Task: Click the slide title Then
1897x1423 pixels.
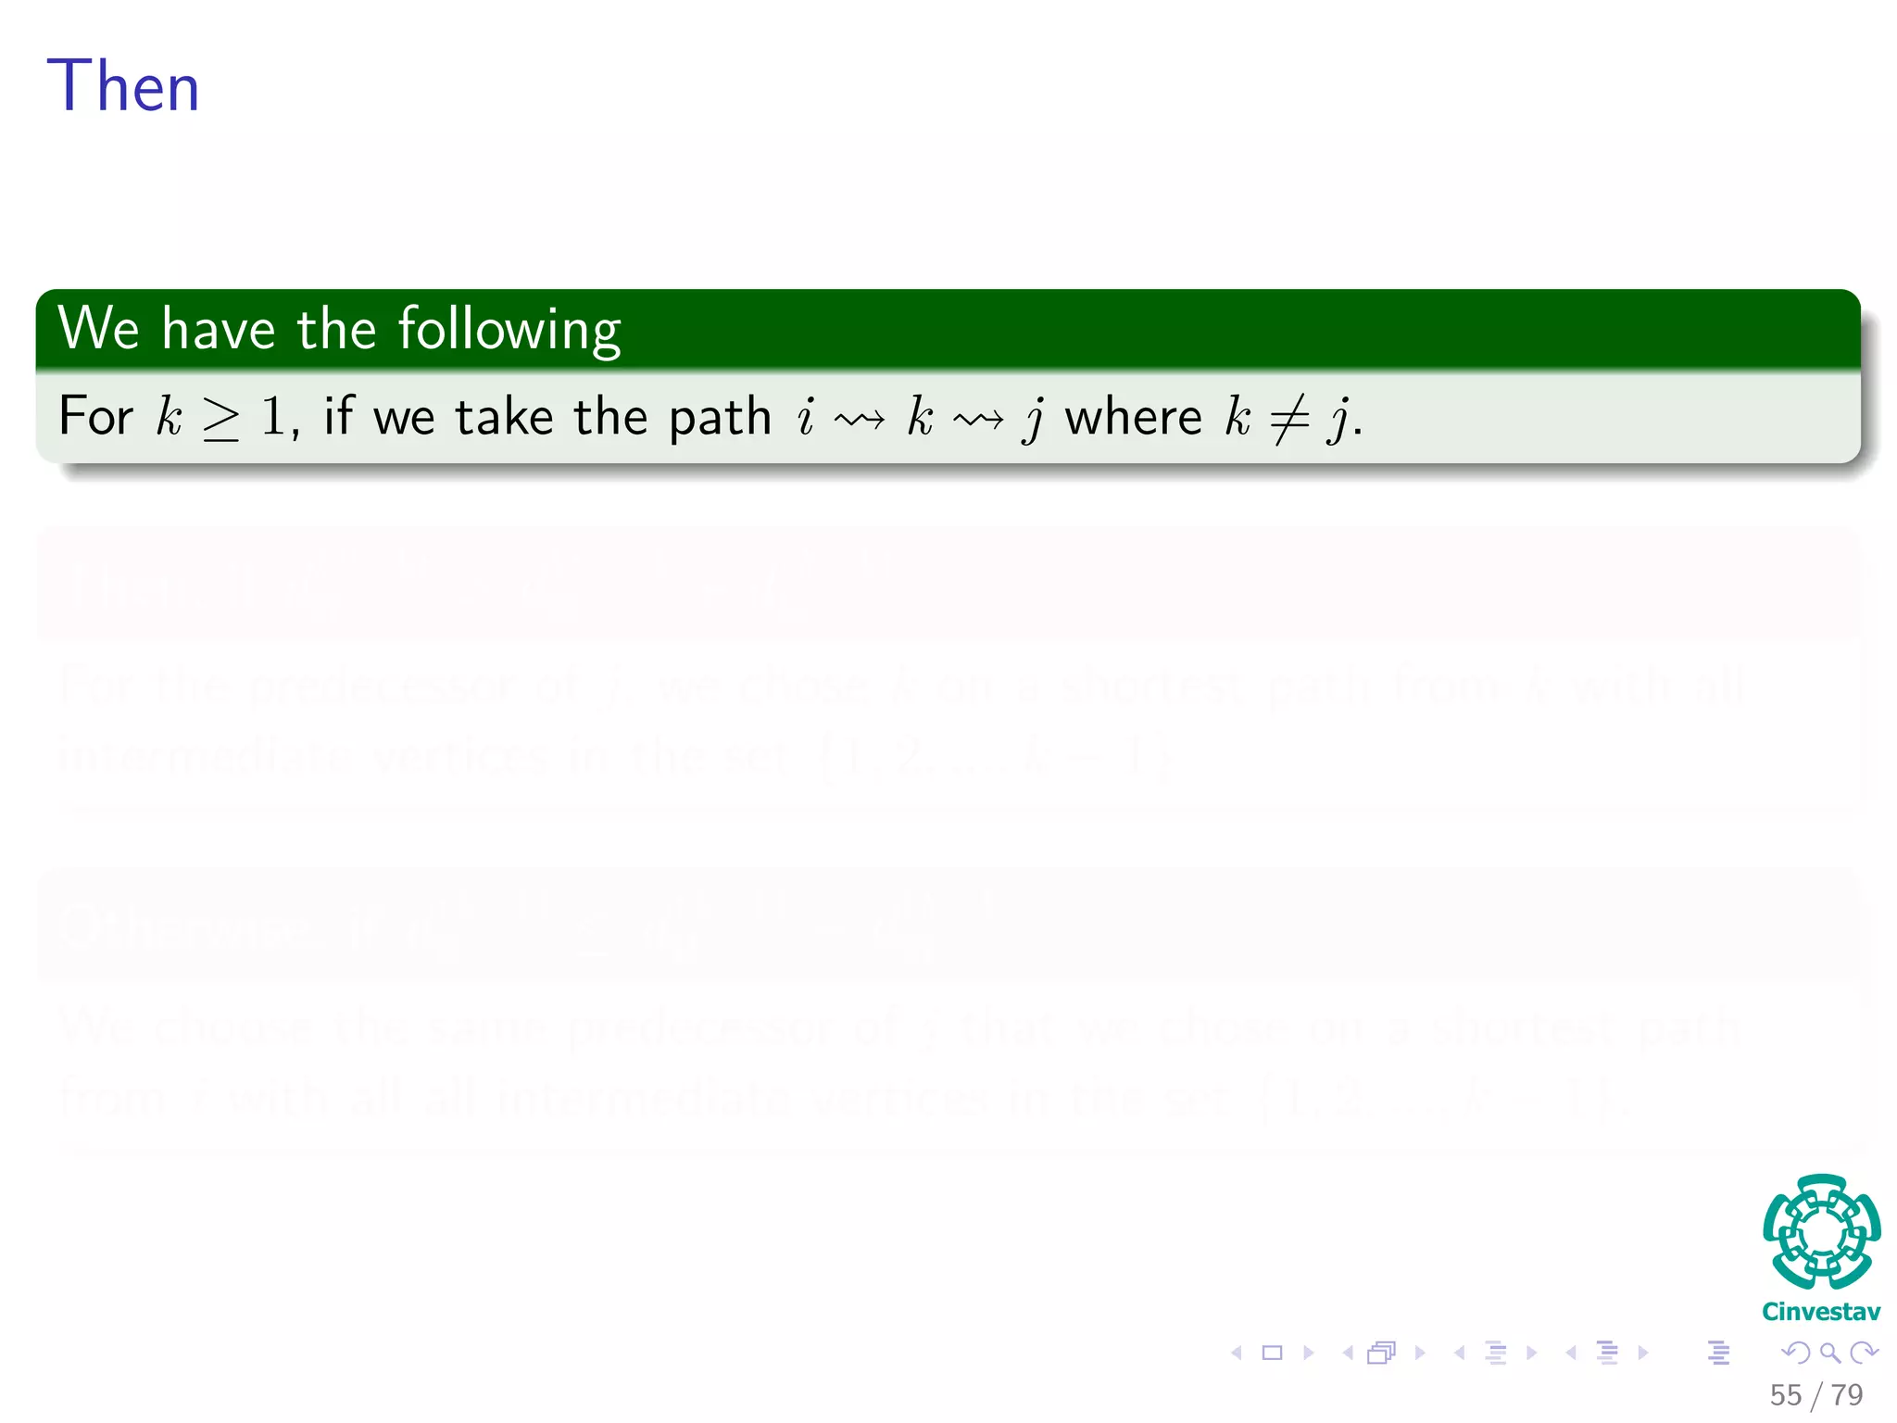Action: [123, 86]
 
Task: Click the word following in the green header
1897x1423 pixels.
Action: [509, 329]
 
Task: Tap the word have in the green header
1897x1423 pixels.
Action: [219, 329]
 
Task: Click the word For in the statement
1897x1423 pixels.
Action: [95, 416]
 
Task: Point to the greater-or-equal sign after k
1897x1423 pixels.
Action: [221, 419]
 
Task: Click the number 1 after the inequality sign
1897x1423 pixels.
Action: [273, 416]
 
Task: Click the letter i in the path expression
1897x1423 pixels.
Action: [806, 416]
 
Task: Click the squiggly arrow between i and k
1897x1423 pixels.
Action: [860, 421]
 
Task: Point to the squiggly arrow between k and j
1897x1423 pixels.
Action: [978, 421]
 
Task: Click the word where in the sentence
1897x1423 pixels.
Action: [1133, 416]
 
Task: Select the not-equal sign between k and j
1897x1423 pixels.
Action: [1288, 419]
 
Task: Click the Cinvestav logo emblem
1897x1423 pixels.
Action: [1821, 1231]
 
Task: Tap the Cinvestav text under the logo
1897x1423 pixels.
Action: [1821, 1312]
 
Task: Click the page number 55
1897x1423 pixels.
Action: [1785, 1395]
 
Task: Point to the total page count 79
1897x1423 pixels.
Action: [1847, 1395]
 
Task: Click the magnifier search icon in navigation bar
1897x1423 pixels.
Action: [1829, 1354]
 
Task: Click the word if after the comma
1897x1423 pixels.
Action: [338, 416]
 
